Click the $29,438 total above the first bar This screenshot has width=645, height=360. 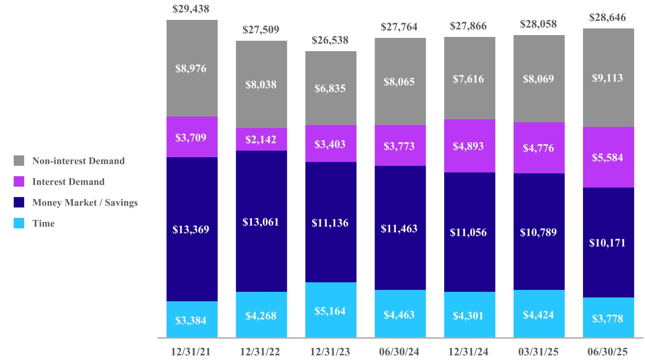[191, 9]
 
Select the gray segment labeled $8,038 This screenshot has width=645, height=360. [261, 84]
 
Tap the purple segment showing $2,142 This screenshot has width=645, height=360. [261, 139]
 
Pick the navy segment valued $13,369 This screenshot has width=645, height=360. [192, 229]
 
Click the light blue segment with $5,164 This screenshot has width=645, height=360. [331, 310]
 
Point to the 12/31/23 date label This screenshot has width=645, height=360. [330, 351]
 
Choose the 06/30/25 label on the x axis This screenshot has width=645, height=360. [607, 351]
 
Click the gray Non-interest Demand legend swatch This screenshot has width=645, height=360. [19, 161]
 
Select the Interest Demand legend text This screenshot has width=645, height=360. [68, 182]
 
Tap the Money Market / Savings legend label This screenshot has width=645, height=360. [85, 202]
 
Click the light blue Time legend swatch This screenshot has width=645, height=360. [19, 223]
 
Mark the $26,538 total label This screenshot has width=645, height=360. [330, 40]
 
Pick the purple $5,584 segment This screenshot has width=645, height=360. [609, 157]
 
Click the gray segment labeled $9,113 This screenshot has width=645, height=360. [609, 78]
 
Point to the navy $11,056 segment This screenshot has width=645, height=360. [470, 232]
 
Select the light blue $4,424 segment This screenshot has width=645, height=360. [539, 314]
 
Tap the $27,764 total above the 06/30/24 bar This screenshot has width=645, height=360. [399, 27]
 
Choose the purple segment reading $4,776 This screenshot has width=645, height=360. [539, 148]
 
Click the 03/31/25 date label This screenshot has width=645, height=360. [538, 351]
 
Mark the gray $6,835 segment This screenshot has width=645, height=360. [331, 88]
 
